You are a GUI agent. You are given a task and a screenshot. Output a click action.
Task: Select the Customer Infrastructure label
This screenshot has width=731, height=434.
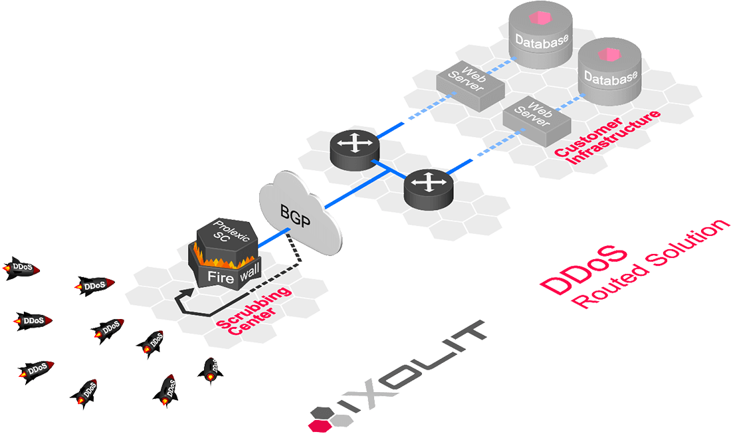(608, 137)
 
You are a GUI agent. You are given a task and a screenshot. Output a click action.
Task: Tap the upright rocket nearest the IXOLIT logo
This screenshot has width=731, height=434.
(210, 370)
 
